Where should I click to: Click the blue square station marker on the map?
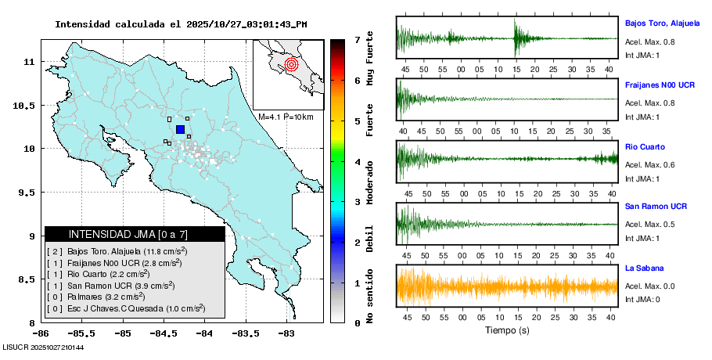click(x=180, y=129)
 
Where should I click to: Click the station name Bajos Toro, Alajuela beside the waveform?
click(x=662, y=23)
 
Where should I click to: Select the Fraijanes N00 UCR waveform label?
click(x=660, y=85)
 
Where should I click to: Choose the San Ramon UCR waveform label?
click(x=656, y=207)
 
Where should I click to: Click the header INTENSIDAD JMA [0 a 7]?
click(x=135, y=234)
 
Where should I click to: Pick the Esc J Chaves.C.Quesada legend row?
click(x=125, y=309)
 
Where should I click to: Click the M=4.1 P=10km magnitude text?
click(x=286, y=117)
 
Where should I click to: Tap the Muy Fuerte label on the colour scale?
click(x=369, y=59)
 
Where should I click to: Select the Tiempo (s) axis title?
click(x=507, y=329)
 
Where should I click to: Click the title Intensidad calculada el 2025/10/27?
click(x=180, y=24)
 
